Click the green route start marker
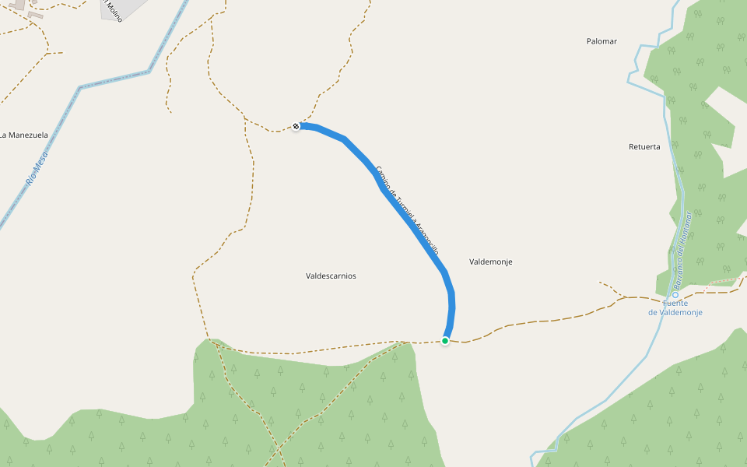click(445, 341)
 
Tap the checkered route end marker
click(296, 126)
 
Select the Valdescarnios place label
click(331, 276)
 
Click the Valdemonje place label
click(491, 262)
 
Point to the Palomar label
click(601, 41)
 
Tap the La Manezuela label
click(25, 135)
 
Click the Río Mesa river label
click(37, 168)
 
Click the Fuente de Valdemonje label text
click(675, 307)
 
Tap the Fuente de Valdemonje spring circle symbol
click(675, 294)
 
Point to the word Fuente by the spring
click(675, 303)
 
